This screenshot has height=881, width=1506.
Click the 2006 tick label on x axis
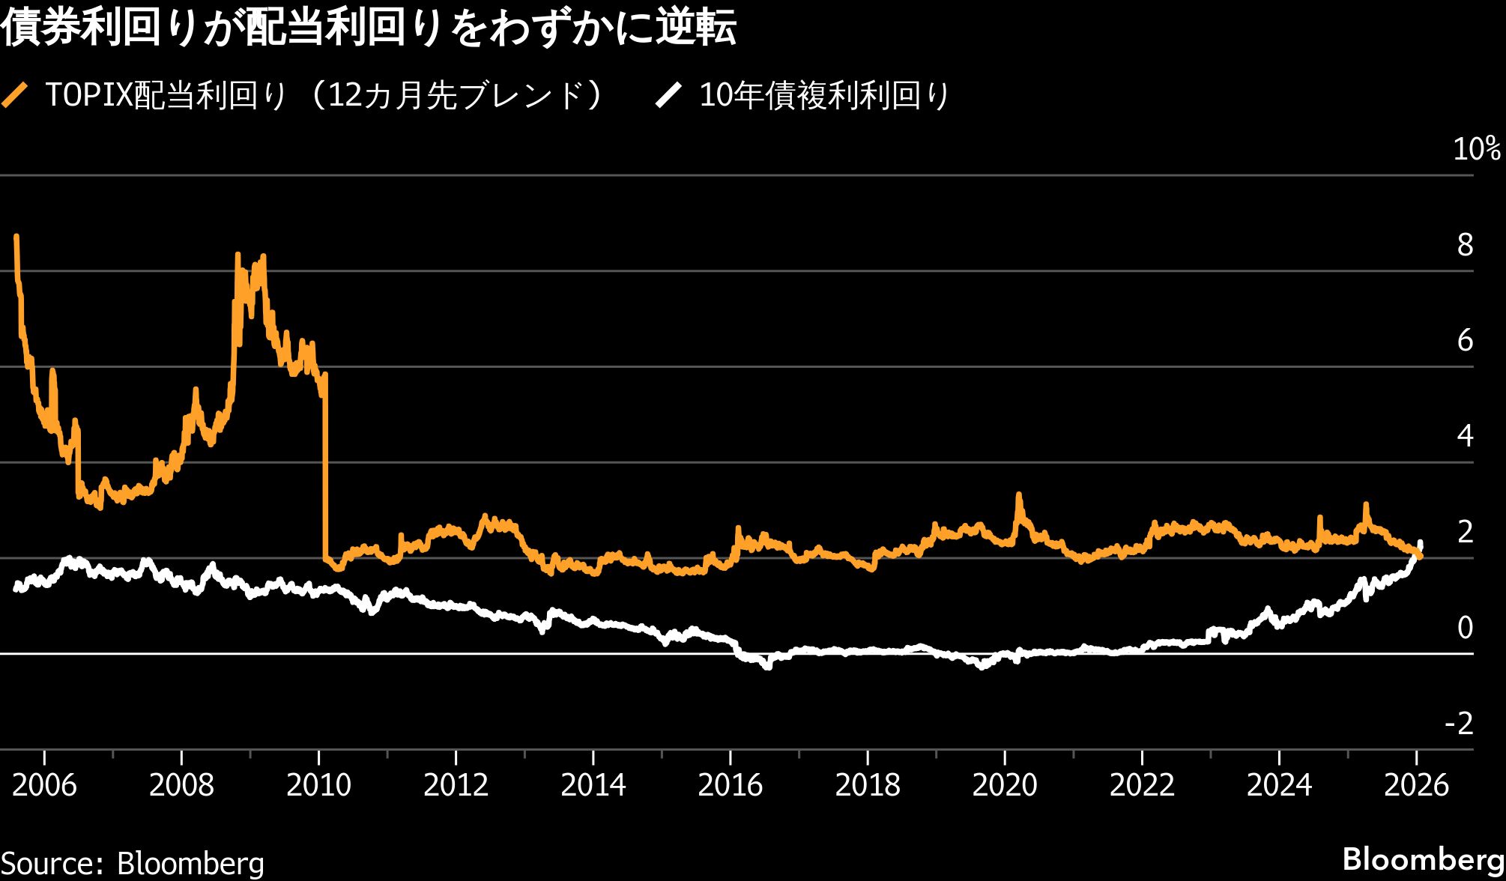pyautogui.click(x=44, y=785)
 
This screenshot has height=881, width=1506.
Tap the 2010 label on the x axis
pyautogui.click(x=318, y=785)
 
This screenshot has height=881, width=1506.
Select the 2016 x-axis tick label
pyautogui.click(x=730, y=785)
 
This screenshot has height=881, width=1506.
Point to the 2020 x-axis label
pyautogui.click(x=1004, y=785)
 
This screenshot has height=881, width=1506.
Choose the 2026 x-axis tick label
pyautogui.click(x=1415, y=785)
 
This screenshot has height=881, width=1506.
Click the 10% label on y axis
pyautogui.click(x=1476, y=149)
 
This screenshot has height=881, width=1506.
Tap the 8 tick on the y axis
pyautogui.click(x=1465, y=245)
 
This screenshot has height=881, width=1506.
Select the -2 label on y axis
pyautogui.click(x=1458, y=724)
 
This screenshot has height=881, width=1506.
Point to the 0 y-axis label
pyautogui.click(x=1465, y=628)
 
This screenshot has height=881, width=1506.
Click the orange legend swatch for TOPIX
pyautogui.click(x=15, y=95)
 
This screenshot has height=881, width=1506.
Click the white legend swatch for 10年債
pyautogui.click(x=668, y=95)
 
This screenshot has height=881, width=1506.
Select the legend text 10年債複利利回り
pyautogui.click(x=824, y=95)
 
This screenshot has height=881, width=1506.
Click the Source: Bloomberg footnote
pyautogui.click(x=133, y=863)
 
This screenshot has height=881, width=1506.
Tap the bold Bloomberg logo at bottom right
pyautogui.click(x=1423, y=859)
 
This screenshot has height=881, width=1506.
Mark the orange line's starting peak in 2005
pyautogui.click(x=16, y=237)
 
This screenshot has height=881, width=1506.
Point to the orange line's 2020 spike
pyautogui.click(x=1018, y=495)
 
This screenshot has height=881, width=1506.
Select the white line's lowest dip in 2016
pyautogui.click(x=767, y=666)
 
